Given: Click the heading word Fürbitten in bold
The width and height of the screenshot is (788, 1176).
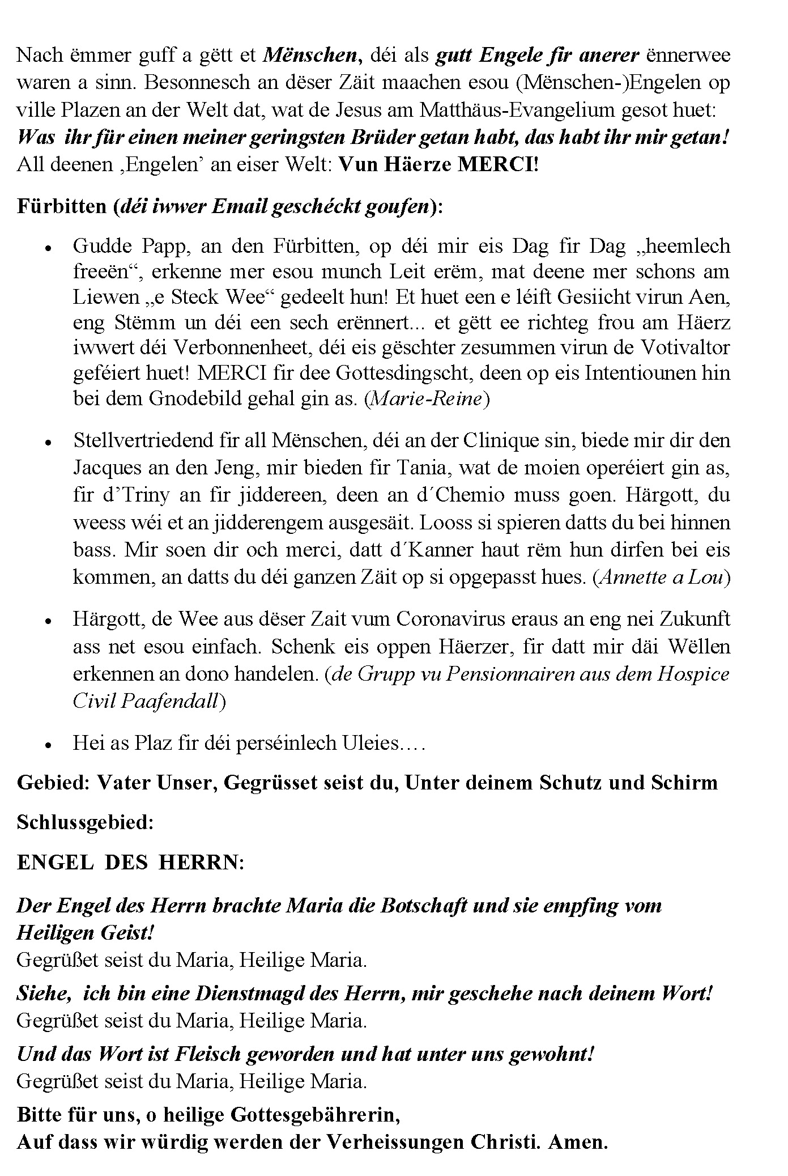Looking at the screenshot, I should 62,206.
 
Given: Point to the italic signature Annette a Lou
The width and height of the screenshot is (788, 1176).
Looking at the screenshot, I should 661,577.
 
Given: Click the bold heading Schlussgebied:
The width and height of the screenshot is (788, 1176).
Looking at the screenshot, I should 86,822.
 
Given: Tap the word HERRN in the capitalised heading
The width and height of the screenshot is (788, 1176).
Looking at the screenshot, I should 201,863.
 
